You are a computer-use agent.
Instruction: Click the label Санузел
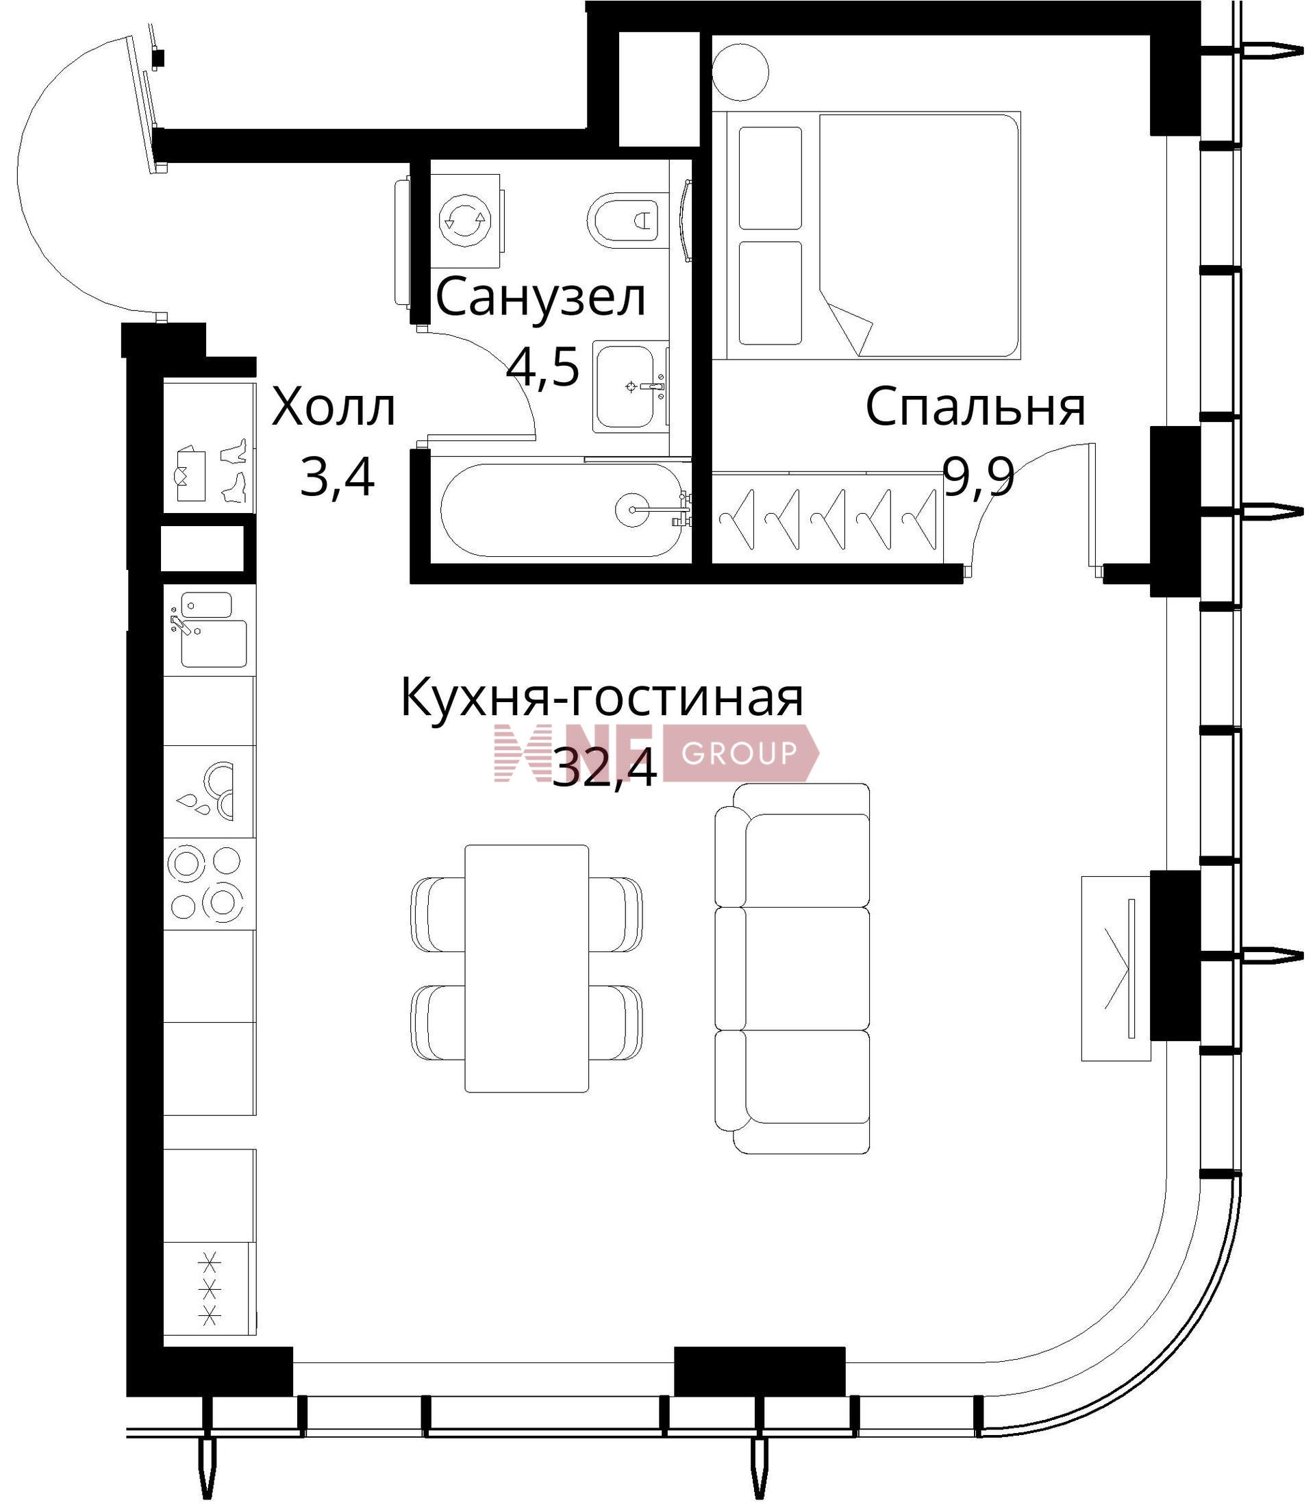[x=541, y=299]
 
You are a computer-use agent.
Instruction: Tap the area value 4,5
[x=543, y=367]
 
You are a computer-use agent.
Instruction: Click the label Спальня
[x=975, y=408]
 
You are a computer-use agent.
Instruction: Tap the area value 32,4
[x=604, y=768]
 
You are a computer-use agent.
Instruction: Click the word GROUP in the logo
[x=739, y=753]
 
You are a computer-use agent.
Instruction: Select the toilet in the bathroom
[x=627, y=219]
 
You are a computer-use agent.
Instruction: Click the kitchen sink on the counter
[x=209, y=630]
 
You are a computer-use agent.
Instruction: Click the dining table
[x=527, y=968]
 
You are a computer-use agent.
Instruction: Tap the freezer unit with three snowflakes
[x=210, y=1291]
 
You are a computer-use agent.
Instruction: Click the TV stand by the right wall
[x=1116, y=969]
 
